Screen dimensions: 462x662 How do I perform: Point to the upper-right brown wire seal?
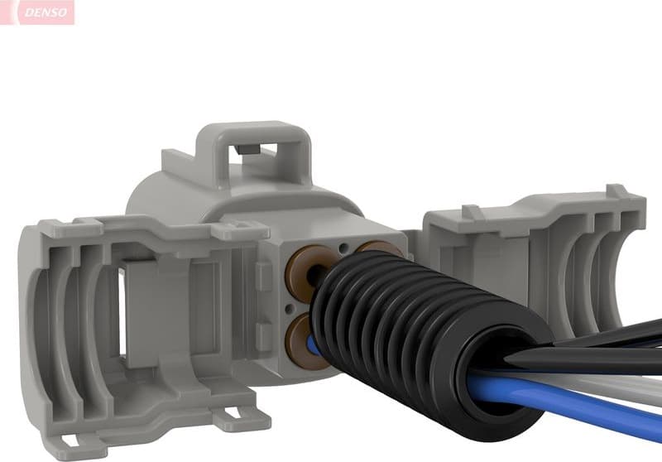tap(379, 248)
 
